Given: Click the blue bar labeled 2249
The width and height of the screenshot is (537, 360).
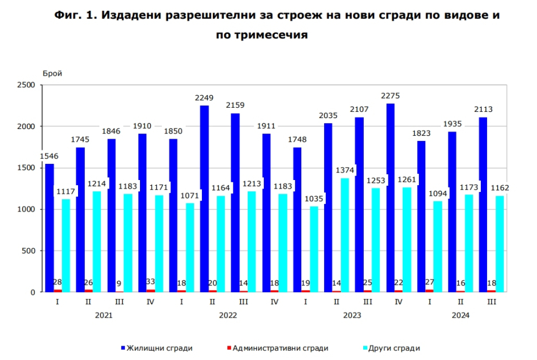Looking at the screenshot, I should pyautogui.click(x=204, y=198).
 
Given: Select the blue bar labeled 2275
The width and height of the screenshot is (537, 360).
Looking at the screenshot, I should pyautogui.click(x=391, y=197).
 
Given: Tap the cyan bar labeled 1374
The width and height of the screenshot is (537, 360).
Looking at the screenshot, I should pyautogui.click(x=345, y=235).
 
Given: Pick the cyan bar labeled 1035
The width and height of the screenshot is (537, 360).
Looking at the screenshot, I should pyautogui.click(x=314, y=249).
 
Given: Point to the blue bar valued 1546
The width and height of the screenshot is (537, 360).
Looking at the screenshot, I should pyautogui.click(x=50, y=228).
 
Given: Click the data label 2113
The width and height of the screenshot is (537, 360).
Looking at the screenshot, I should pyautogui.click(x=484, y=109).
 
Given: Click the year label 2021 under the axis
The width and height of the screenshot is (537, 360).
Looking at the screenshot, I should pyautogui.click(x=104, y=315).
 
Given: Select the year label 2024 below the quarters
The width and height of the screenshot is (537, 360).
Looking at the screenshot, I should pyautogui.click(x=461, y=315).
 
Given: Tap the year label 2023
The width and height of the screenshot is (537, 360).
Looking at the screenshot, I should pyautogui.click(x=352, y=315).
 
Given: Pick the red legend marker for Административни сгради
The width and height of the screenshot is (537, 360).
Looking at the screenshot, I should pyautogui.click(x=229, y=348).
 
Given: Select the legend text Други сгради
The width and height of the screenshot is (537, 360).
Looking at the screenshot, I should pyautogui.click(x=394, y=348).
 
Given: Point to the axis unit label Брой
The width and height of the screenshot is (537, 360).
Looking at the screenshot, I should pyautogui.click(x=52, y=73).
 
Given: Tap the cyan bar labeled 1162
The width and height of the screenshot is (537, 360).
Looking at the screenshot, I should pyautogui.click(x=500, y=244).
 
